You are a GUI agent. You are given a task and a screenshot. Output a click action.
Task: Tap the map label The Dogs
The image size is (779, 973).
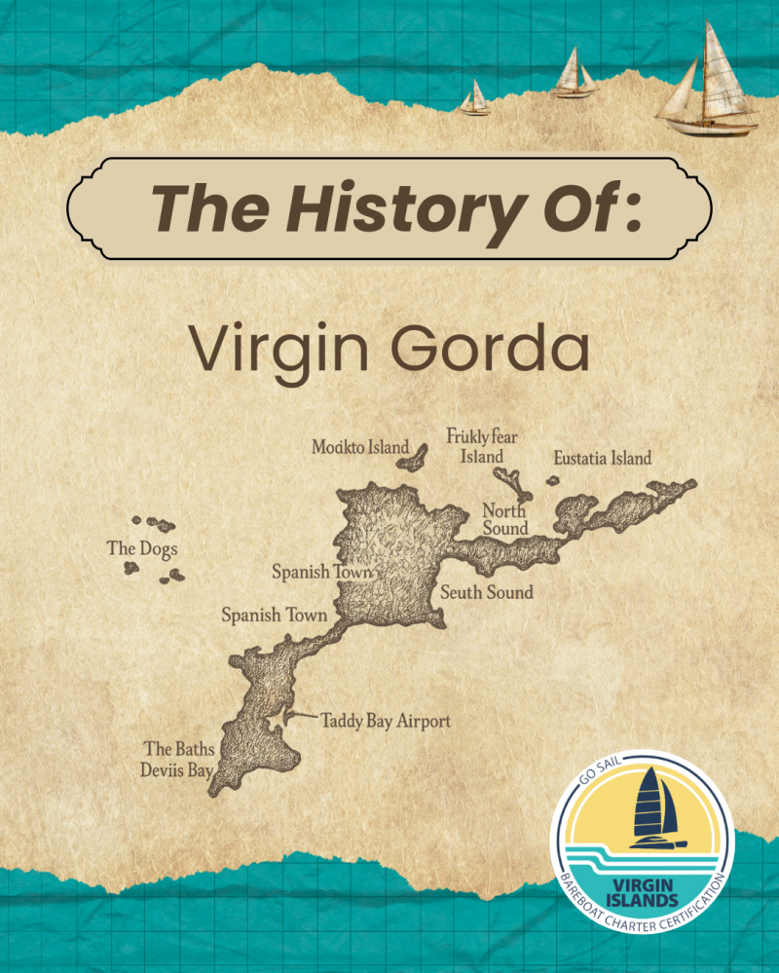[x=141, y=548]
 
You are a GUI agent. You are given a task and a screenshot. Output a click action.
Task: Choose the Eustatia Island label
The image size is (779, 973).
[x=602, y=458]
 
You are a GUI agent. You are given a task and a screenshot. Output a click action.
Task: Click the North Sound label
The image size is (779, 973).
[x=505, y=520]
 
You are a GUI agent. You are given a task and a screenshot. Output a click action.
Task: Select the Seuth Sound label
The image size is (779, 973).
[x=486, y=591]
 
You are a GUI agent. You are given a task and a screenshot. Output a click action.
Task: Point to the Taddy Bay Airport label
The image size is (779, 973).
[x=387, y=721]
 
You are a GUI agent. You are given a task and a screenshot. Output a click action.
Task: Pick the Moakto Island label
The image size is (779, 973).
[x=359, y=447]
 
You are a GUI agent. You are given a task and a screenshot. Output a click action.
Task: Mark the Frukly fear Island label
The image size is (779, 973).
[x=481, y=446]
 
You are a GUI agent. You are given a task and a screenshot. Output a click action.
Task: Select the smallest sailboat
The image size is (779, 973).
[x=475, y=99]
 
